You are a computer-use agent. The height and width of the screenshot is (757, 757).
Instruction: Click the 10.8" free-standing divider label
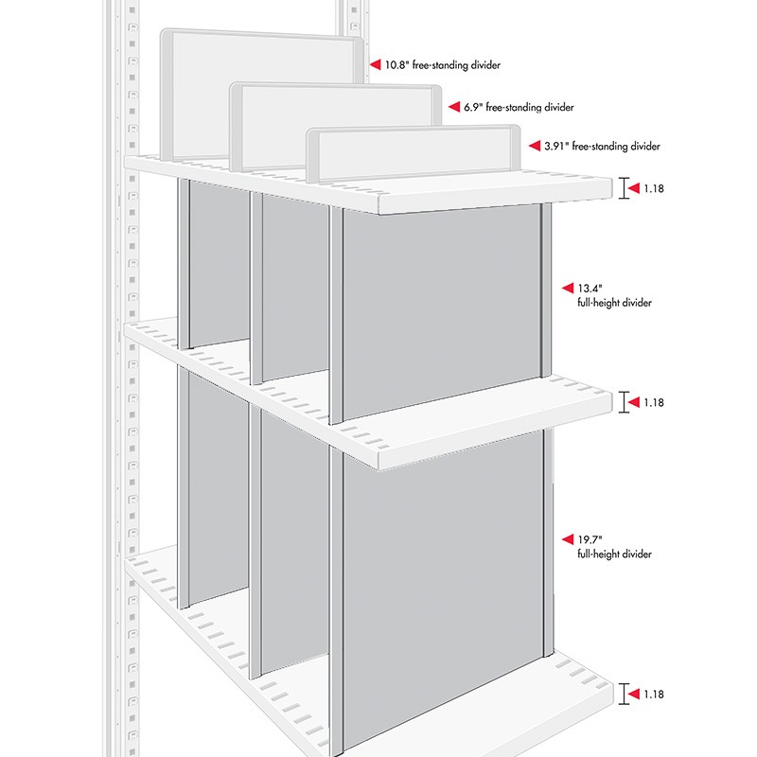pos(442,65)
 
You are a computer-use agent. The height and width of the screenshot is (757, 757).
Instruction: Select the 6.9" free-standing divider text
pos(519,108)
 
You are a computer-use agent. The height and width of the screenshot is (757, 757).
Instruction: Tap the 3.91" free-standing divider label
pos(602,147)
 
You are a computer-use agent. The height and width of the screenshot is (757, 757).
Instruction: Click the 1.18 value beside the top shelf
pos(654,189)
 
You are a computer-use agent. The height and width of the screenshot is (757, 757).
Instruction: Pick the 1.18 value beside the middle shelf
pos(654,402)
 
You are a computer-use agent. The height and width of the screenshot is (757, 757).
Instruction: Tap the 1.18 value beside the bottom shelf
pos(654,695)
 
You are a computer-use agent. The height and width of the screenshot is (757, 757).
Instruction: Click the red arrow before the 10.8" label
pos(374,65)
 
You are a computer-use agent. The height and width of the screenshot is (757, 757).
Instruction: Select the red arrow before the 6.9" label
pos(453,108)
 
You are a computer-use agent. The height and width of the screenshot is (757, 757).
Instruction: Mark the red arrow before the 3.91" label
pos(534,147)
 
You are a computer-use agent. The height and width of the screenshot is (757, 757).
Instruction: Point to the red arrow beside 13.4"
pos(568,288)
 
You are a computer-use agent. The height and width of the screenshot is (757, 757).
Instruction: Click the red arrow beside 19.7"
pos(568,538)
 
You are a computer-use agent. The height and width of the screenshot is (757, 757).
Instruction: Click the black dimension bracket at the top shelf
pos(625,188)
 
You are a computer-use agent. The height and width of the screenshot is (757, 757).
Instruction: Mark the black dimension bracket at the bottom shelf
pos(625,694)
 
